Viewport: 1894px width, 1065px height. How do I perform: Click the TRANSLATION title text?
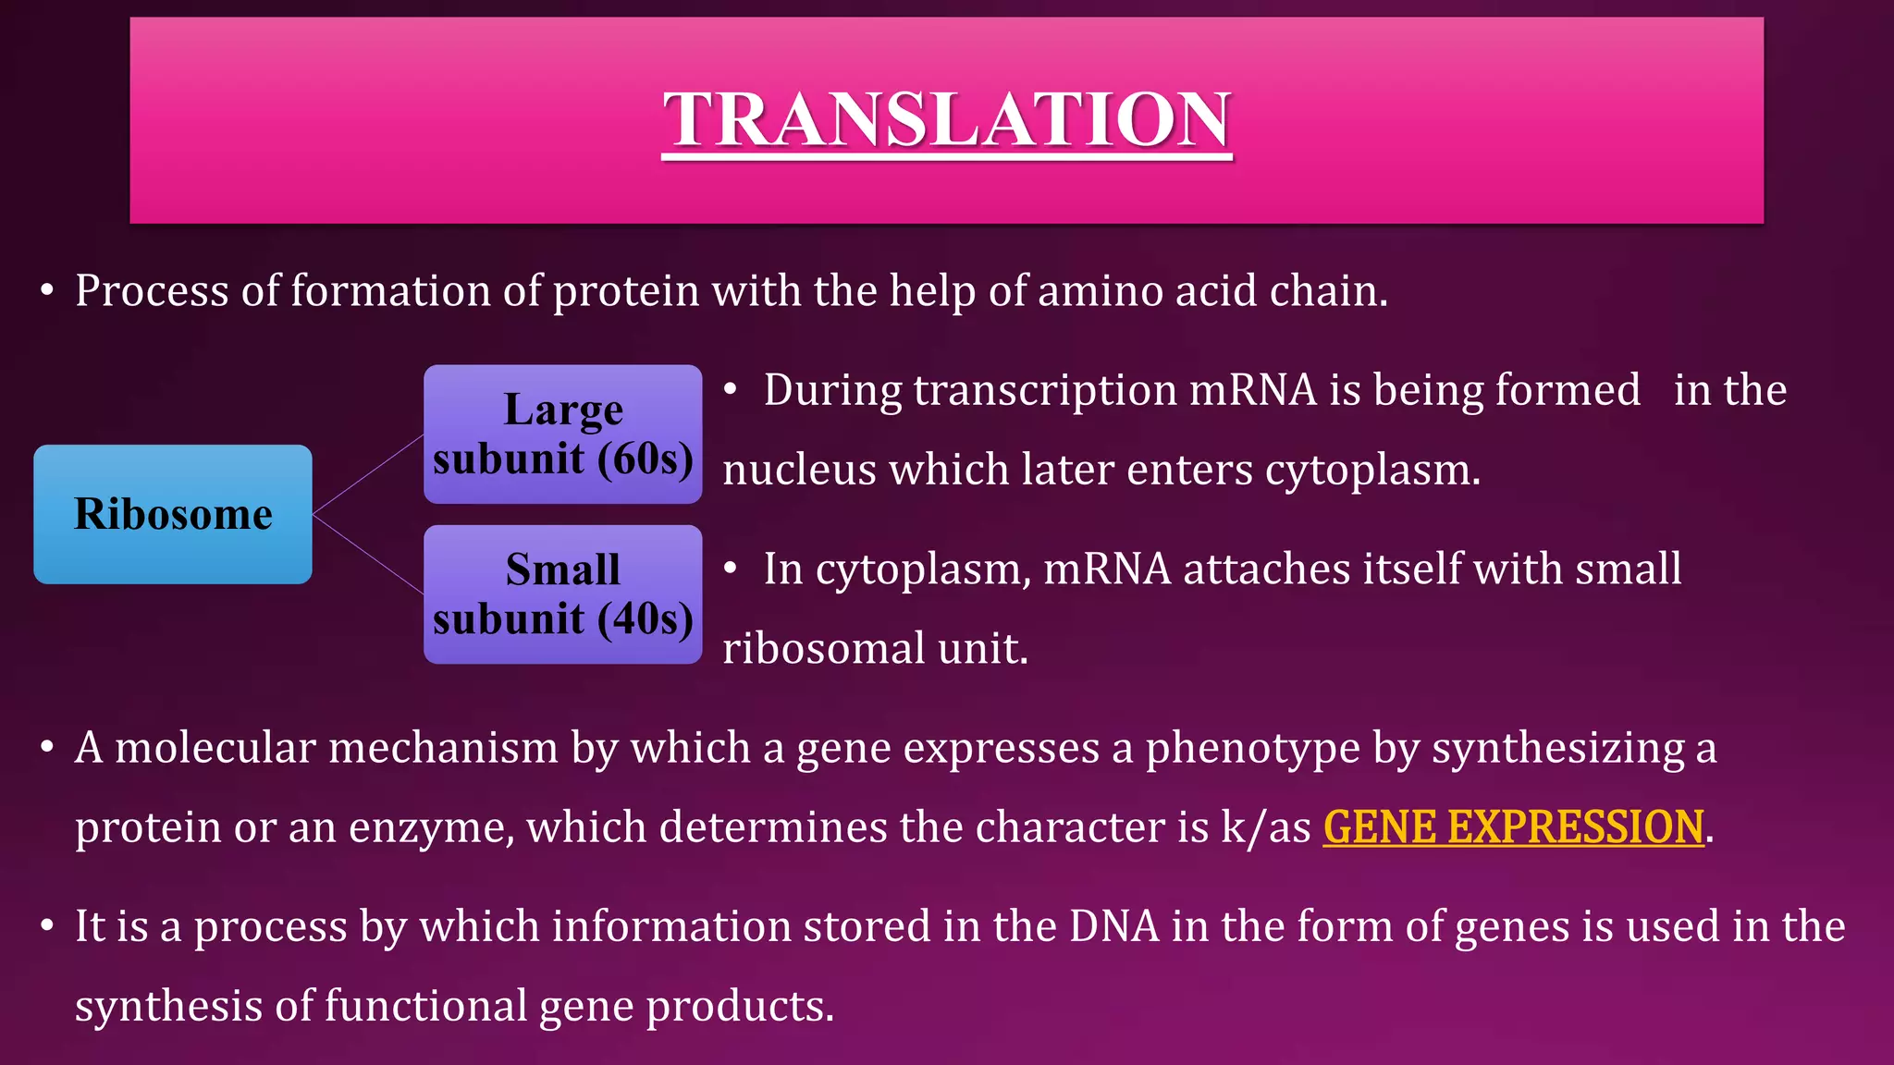946,120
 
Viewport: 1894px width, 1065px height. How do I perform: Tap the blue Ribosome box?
173,514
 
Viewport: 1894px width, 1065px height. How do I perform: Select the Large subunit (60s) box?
562,434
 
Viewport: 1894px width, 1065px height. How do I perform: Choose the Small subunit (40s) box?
562,594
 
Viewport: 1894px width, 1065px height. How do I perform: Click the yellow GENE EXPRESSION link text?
1513,826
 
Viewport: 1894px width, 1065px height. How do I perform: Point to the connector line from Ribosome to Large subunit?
368,474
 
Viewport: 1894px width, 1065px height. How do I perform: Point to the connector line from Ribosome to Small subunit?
368,554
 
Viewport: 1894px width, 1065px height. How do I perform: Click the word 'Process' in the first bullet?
152,291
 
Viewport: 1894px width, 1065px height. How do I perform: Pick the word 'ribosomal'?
823,648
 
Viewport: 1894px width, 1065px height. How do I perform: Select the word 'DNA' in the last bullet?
1113,926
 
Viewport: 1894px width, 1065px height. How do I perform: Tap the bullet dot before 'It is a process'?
47,926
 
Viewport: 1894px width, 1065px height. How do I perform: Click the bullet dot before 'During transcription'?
730,390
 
